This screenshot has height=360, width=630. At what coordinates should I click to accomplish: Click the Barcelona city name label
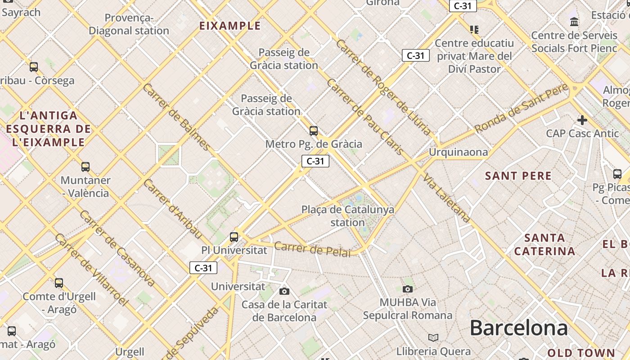point(518,328)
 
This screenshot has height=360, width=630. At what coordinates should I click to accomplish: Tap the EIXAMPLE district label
point(230,26)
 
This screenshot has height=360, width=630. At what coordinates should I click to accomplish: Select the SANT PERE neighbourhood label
point(518,176)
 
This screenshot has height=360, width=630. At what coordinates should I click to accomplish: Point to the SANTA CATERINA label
point(544,244)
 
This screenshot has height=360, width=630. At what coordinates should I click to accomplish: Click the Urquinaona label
point(458,152)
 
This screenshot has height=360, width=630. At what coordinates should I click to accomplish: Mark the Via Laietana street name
point(446,198)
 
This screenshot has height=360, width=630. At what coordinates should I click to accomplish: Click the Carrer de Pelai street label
point(312,249)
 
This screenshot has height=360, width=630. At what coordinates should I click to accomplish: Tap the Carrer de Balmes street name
point(176,117)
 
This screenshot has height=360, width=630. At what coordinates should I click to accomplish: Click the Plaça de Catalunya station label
point(347,216)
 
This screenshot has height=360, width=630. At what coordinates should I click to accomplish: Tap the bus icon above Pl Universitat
point(234,237)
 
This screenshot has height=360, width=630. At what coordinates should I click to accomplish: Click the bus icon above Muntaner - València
point(85,167)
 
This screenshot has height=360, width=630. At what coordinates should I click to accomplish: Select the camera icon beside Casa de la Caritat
point(284,291)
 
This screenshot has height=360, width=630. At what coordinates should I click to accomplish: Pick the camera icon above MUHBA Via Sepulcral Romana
point(408,289)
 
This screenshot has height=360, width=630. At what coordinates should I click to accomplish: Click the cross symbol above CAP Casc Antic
point(582,120)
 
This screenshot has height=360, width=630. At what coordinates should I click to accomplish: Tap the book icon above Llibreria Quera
point(433,337)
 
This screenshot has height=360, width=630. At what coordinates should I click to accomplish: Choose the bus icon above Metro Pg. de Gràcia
point(314,131)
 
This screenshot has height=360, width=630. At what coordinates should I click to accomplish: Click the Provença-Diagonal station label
point(129,24)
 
